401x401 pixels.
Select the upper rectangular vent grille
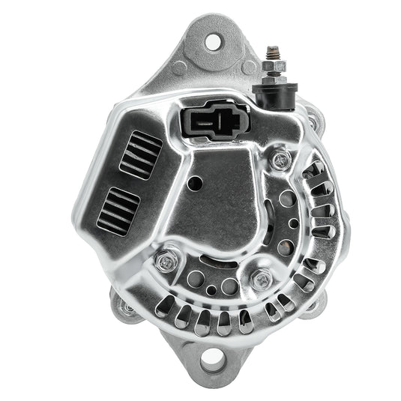140,154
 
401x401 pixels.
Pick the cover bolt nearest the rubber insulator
282,158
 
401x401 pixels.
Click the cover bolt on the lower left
166,261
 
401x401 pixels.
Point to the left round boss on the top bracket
179,68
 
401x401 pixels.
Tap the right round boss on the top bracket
248,67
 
